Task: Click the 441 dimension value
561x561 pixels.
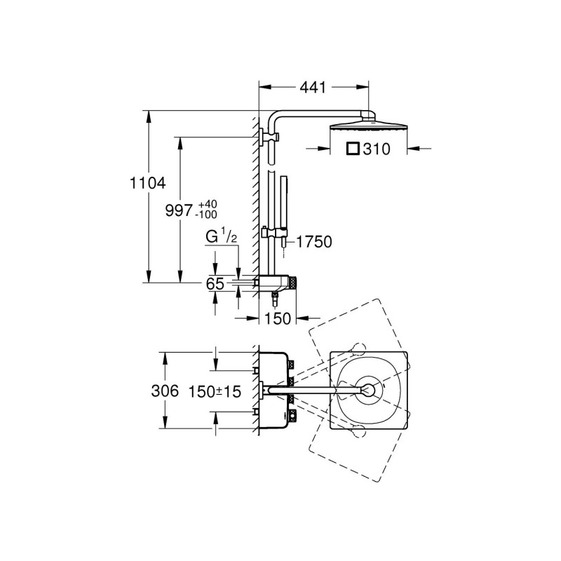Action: pyautogui.click(x=313, y=87)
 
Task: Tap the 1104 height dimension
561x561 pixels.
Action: pyautogui.click(x=147, y=183)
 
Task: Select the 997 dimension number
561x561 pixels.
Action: pyautogui.click(x=179, y=210)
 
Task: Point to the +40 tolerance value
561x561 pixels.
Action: pyautogui.click(x=208, y=204)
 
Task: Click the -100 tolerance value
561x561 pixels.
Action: pyautogui.click(x=206, y=215)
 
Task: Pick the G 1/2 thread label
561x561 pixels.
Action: pyautogui.click(x=222, y=236)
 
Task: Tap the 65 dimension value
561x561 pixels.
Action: pyautogui.click(x=215, y=284)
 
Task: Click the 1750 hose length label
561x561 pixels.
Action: pyautogui.click(x=314, y=242)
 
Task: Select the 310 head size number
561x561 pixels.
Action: pyautogui.click(x=377, y=149)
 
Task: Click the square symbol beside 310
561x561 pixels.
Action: pyautogui.click(x=353, y=149)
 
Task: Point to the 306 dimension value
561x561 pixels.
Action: pyautogui.click(x=165, y=391)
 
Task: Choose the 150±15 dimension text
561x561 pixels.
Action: pyautogui.click(x=215, y=392)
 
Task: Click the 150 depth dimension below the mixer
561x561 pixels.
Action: pyautogui.click(x=278, y=318)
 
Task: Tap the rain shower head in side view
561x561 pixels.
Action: pyautogui.click(x=368, y=126)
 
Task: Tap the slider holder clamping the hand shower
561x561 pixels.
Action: pyautogui.click(x=275, y=233)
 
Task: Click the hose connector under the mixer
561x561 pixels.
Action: pyautogui.click(x=275, y=299)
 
